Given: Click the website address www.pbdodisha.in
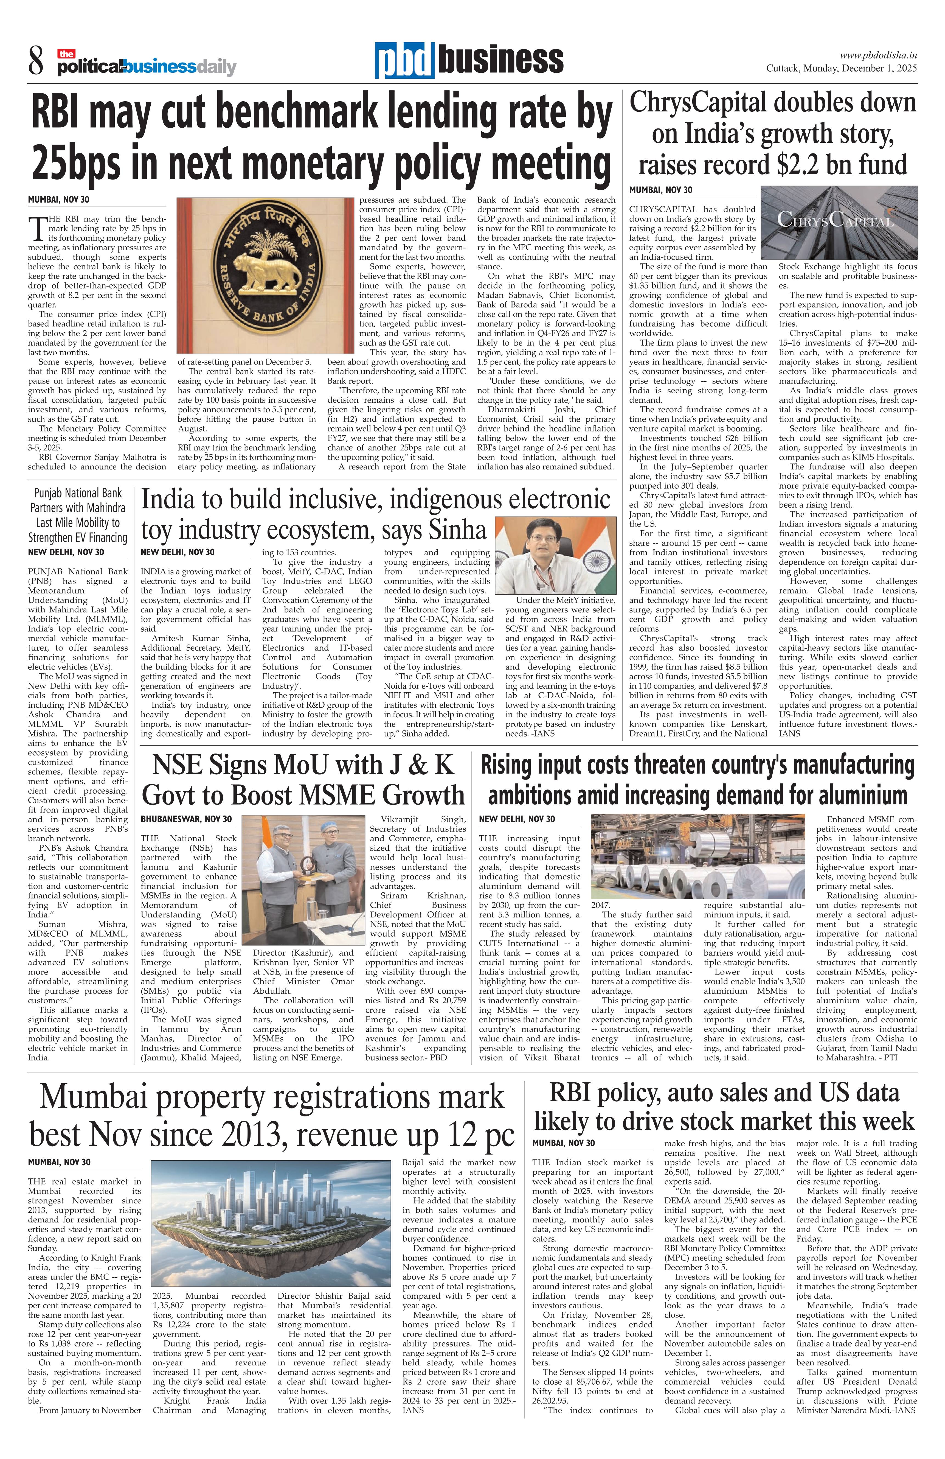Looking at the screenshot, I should click(878, 55).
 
